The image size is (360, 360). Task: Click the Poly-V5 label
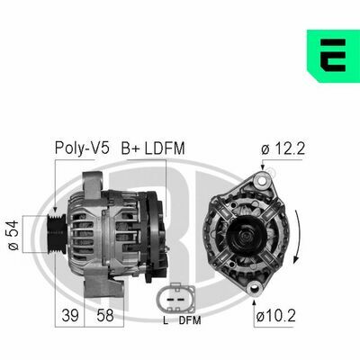pyautogui.click(x=82, y=148)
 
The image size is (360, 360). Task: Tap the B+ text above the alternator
pyautogui.click(x=130, y=148)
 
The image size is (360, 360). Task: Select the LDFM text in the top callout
pyautogui.click(x=165, y=148)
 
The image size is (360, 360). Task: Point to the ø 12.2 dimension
pyautogui.click(x=283, y=148)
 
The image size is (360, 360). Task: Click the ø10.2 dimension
pyautogui.click(x=276, y=316)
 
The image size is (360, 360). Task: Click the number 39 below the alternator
pyautogui.click(x=70, y=315)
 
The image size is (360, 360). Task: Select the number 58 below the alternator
pyautogui.click(x=105, y=315)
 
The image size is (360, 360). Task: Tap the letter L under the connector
pyautogui.click(x=166, y=320)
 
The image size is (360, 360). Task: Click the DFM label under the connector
pyautogui.click(x=190, y=320)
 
